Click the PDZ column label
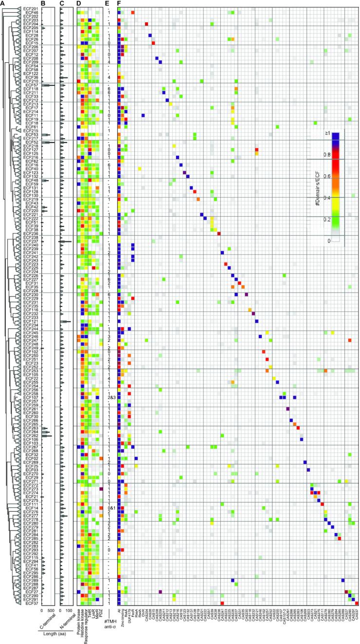coord(101,611)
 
